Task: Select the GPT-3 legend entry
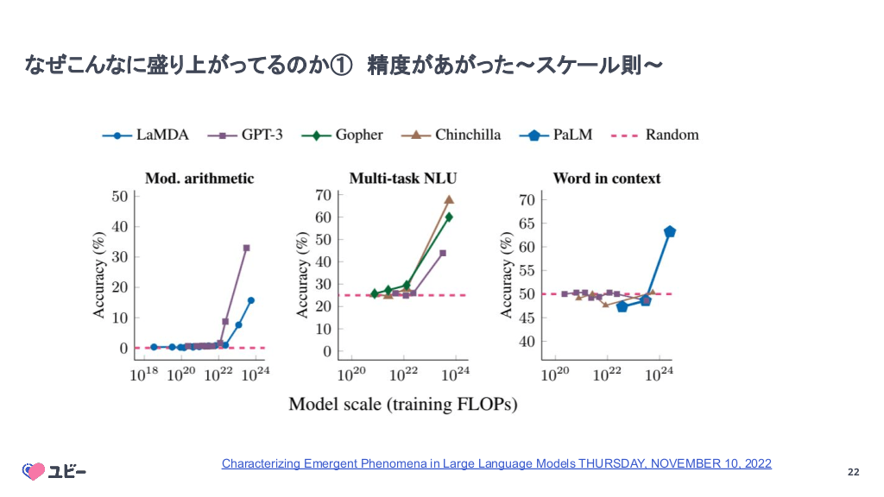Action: pos(250,135)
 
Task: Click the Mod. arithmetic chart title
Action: pos(199,179)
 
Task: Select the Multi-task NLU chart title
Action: pos(403,179)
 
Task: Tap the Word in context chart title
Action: pos(607,179)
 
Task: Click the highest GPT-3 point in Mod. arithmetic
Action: pos(246,248)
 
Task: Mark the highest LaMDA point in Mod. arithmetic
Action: pos(250,300)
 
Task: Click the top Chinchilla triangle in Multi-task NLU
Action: pos(449,199)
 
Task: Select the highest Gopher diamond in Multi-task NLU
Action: pos(449,217)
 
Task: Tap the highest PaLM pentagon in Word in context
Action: pos(670,231)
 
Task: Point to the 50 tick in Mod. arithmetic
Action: pos(119,196)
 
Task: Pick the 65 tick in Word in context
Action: pos(527,223)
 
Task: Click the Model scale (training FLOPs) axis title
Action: pos(402,404)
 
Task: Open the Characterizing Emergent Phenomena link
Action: pos(496,463)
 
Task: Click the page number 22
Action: pos(853,472)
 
